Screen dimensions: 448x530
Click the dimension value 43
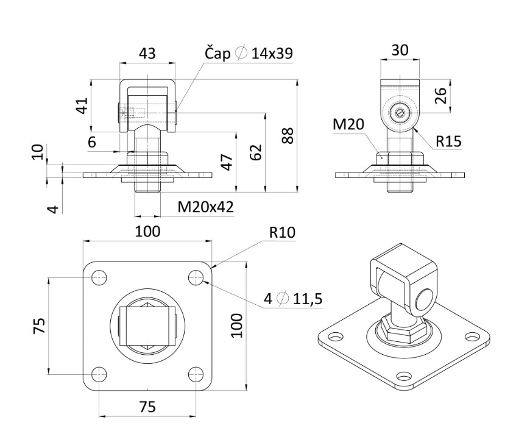coord(147,53)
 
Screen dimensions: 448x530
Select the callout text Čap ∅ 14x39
coord(247,54)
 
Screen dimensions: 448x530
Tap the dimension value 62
coord(256,152)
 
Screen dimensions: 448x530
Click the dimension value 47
coord(226,162)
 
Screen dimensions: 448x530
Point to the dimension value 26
coord(441,95)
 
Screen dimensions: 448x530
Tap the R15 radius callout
coord(448,142)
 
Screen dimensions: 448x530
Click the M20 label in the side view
coord(348,125)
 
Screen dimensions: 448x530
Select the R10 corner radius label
coord(281,232)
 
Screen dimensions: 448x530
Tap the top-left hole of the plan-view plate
coord(99,277)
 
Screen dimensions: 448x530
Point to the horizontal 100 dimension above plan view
coord(147,232)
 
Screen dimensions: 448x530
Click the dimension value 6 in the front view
coord(92,142)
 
